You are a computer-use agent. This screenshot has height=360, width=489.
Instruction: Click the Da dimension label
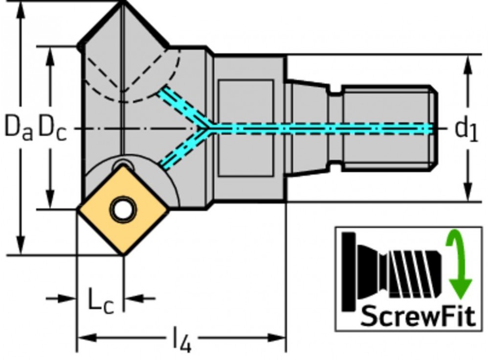(19, 127)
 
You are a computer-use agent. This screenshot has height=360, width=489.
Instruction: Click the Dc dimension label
(52, 128)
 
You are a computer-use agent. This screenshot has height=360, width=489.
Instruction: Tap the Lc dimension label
(100, 301)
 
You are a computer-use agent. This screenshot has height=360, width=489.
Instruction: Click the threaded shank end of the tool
(389, 128)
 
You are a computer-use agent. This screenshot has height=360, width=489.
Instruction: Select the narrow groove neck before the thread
(335, 128)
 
